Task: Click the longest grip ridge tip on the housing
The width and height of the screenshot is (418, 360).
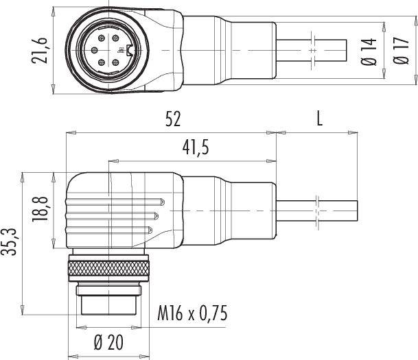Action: coord(162,202)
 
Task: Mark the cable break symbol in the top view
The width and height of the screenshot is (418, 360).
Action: coord(313,51)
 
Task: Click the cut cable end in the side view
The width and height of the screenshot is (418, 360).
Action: coord(357,210)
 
